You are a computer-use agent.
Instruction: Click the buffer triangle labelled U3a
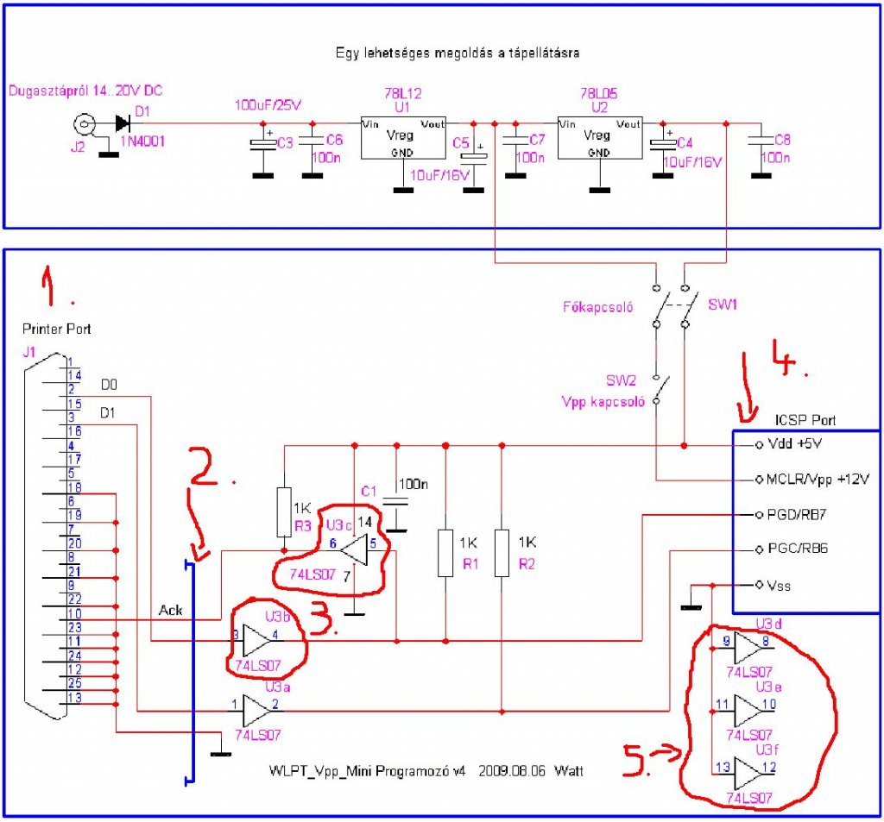(257, 711)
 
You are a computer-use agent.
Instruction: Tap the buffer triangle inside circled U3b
(257, 641)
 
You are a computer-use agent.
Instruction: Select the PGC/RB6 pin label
(797, 548)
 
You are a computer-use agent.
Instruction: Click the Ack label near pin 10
(170, 609)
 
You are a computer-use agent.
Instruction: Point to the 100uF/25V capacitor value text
(268, 105)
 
